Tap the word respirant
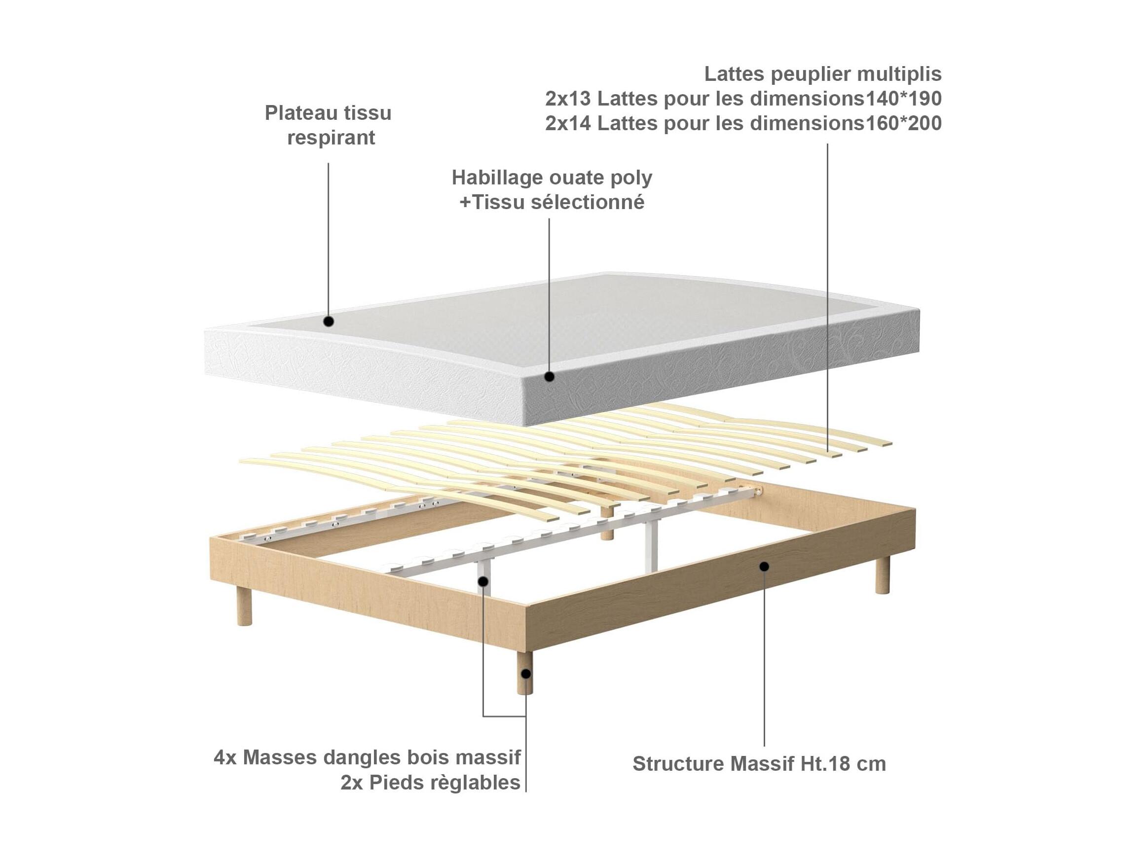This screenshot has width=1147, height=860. pyautogui.click(x=331, y=138)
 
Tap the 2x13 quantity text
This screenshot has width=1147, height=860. pyautogui.click(x=567, y=99)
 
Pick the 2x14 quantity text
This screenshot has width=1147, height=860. pyautogui.click(x=567, y=123)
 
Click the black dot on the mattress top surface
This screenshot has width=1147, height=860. pyautogui.click(x=328, y=322)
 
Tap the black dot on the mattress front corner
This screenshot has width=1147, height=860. pyautogui.click(x=550, y=377)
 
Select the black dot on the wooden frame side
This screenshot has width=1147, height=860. pyautogui.click(x=764, y=566)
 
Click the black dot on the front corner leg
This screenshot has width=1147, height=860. pyautogui.click(x=526, y=675)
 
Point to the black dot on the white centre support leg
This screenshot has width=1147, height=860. pyautogui.click(x=483, y=581)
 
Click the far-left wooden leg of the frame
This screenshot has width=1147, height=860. pyautogui.click(x=244, y=607)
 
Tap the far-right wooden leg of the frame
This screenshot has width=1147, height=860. pyautogui.click(x=882, y=575)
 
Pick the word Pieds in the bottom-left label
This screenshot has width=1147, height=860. pyautogui.click(x=394, y=783)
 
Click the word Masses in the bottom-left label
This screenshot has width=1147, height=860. pyautogui.click(x=280, y=758)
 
